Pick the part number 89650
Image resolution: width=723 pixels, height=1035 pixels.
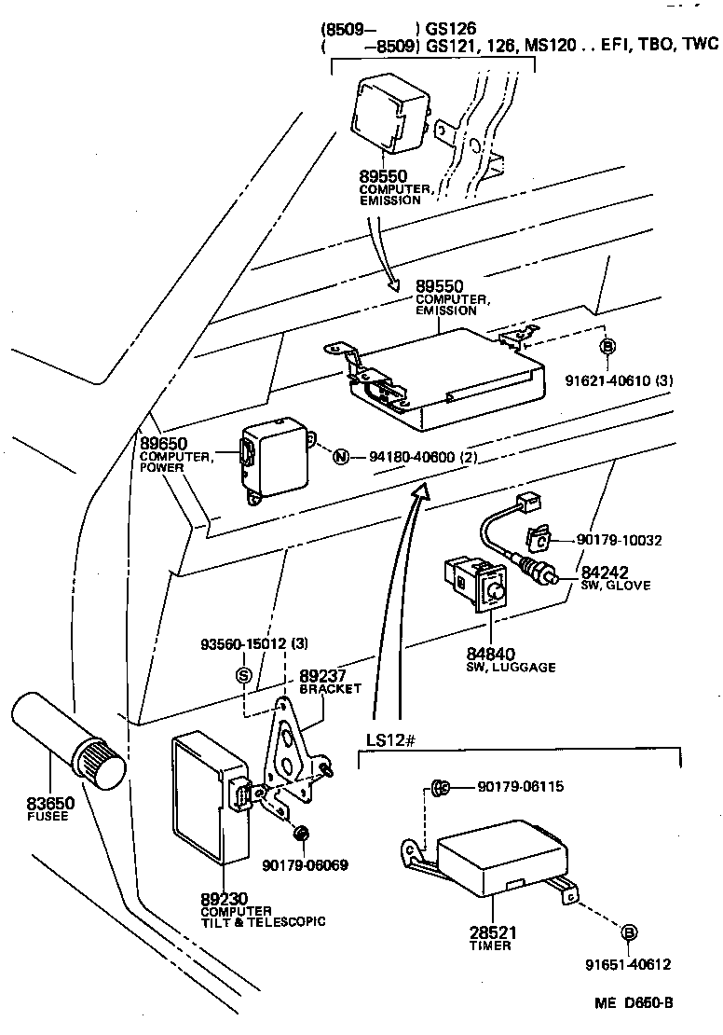pyautogui.click(x=163, y=443)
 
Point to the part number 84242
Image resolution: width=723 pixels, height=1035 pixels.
pyautogui.click(x=605, y=572)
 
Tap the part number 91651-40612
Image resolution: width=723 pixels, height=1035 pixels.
pyautogui.click(x=627, y=964)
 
